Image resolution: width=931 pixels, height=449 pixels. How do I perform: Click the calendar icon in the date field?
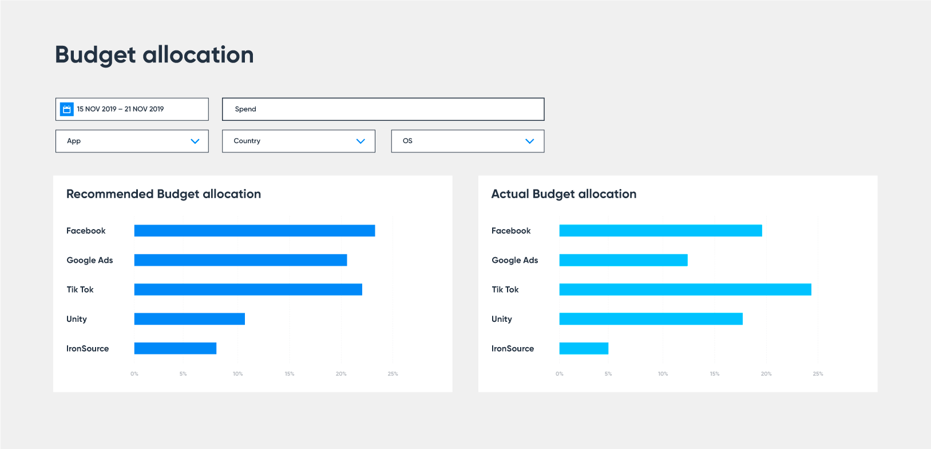tap(67, 109)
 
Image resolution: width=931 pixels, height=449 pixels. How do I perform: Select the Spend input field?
tap(383, 109)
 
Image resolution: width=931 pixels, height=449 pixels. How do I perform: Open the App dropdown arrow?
tap(195, 141)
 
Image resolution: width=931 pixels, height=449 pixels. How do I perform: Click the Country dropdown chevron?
tap(360, 141)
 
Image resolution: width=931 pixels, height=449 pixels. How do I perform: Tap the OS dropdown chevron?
tap(529, 141)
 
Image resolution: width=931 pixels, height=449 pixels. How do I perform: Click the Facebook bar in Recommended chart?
tap(254, 231)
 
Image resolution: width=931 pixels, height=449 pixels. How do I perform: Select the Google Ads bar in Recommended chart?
tap(240, 260)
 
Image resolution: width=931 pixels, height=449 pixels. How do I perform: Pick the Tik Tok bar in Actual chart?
tap(685, 290)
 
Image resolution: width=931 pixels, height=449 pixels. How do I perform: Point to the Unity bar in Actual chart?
tap(651, 319)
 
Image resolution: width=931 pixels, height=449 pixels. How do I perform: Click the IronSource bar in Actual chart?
tap(584, 348)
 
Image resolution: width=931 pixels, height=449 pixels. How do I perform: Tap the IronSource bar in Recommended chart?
tap(175, 348)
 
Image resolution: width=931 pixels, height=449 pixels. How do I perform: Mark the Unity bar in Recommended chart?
tap(189, 319)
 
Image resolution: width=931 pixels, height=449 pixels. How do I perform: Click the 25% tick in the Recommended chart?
tap(393, 374)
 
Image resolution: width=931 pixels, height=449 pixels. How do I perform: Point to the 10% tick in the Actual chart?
tap(663, 374)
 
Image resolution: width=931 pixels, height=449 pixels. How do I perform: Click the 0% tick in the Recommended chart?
tap(134, 374)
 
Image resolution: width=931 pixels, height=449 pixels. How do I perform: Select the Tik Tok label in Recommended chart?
tap(80, 290)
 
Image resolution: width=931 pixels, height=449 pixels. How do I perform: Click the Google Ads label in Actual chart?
tap(514, 260)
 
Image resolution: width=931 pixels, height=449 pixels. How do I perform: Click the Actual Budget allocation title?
tap(564, 194)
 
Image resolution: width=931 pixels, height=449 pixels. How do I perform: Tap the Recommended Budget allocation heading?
tap(164, 194)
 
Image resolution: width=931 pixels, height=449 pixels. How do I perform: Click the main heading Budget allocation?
tap(154, 55)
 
